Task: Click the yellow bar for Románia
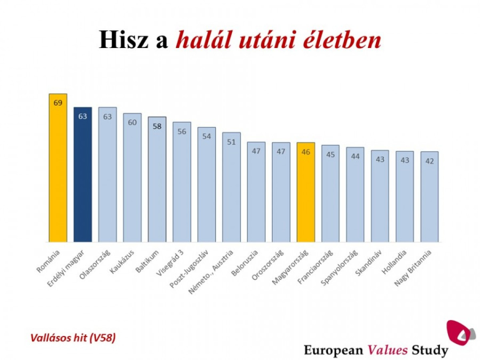click(x=58, y=168)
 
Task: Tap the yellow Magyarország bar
click(x=306, y=192)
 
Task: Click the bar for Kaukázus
click(x=132, y=178)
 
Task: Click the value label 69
click(x=58, y=103)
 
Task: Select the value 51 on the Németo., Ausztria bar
click(x=231, y=142)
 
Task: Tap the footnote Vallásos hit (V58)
click(x=73, y=338)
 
